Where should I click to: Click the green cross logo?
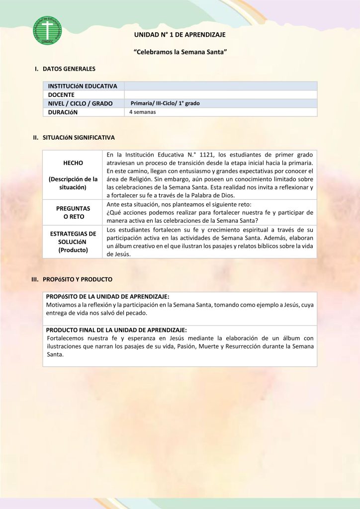pyautogui.click(x=47, y=30)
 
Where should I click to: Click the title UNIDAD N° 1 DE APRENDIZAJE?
pyautogui.click(x=180, y=34)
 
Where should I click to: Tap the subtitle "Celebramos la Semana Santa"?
pyautogui.click(x=180, y=52)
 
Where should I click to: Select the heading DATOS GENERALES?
pyautogui.click(x=69, y=69)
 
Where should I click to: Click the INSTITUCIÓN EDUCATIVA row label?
pyautogui.click(x=83, y=86)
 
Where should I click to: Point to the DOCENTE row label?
pyautogui.click(x=61, y=94)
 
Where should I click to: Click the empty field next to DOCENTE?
pyautogui.click(x=220, y=94)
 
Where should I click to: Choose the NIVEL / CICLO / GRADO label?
pyautogui.click(x=80, y=103)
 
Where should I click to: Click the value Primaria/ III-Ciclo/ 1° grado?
pyautogui.click(x=165, y=103)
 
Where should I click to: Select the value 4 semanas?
pyautogui.click(x=143, y=112)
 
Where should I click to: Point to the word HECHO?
pyautogui.click(x=73, y=163)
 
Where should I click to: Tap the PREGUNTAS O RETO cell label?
pyautogui.click(x=73, y=213)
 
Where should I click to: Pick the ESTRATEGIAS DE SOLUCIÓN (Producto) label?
pyautogui.click(x=73, y=242)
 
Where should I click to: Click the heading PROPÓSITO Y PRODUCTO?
pyautogui.click(x=78, y=279)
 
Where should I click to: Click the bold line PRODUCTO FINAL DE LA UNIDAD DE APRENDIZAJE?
pyautogui.click(x=116, y=330)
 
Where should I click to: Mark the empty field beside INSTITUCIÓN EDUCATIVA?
pyautogui.click(x=220, y=86)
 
